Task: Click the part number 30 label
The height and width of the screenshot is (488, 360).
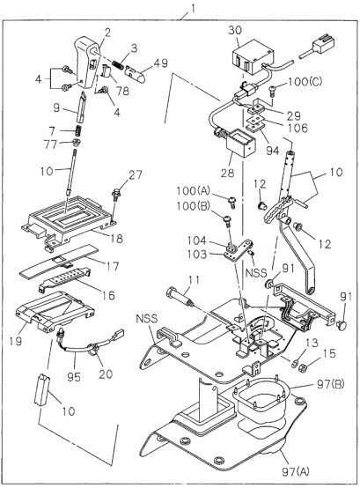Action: tap(235, 31)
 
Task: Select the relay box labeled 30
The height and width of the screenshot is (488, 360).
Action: tap(253, 57)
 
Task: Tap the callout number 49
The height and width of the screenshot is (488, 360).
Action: tap(160, 63)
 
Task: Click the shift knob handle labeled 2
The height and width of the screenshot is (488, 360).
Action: tap(87, 63)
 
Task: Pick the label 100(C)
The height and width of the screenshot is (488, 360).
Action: tap(305, 82)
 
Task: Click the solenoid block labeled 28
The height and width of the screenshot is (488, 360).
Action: tap(239, 144)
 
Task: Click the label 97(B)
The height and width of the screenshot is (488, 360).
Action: tap(329, 385)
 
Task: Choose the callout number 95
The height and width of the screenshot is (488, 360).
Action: tap(74, 377)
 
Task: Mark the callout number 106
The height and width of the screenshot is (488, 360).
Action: tap(298, 128)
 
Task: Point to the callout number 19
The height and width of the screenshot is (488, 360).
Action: tap(16, 341)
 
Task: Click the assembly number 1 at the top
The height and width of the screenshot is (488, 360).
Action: tap(193, 9)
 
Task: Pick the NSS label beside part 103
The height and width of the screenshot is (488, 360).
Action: tap(256, 273)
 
